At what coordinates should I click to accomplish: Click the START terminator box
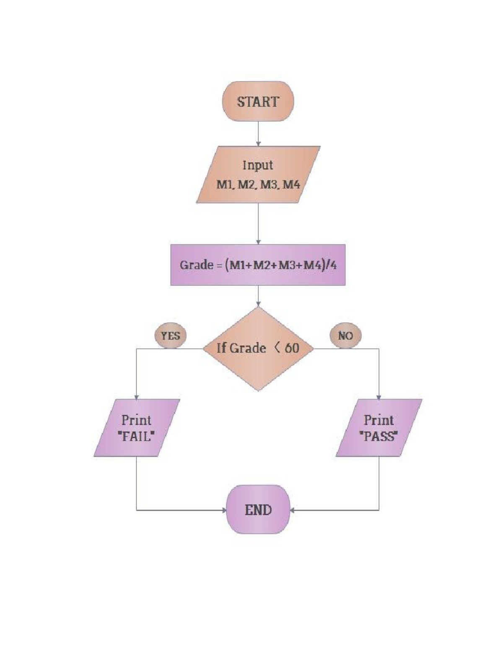[x=258, y=102]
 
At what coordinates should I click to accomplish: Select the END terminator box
[x=258, y=510]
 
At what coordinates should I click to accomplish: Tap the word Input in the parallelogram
[x=258, y=165]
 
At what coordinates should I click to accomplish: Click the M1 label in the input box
[x=225, y=184]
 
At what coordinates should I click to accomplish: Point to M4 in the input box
[x=291, y=184]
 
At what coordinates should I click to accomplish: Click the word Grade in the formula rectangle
[x=196, y=265]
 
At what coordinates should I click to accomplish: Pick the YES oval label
[x=171, y=335]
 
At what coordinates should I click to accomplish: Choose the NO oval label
[x=345, y=335]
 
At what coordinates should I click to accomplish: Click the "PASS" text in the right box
[x=379, y=437]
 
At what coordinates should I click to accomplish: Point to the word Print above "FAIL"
[x=136, y=420]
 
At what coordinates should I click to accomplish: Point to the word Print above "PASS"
[x=379, y=420]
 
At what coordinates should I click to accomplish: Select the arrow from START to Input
[x=258, y=134]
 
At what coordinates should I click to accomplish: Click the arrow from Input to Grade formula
[x=258, y=223]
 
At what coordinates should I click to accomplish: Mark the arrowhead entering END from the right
[x=292, y=511]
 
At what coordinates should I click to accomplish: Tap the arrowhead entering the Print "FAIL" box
[x=136, y=397]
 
